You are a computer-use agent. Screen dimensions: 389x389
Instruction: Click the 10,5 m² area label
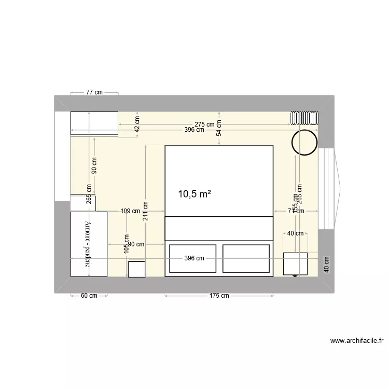point(195,194)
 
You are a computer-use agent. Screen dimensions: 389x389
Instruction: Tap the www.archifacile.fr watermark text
point(356,341)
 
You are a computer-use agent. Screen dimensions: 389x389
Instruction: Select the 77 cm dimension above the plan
point(94,92)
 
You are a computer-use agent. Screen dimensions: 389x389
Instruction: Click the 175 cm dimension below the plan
point(219,296)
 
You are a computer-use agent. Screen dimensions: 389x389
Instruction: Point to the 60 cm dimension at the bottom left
point(89,296)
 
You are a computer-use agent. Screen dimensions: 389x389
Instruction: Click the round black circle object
point(304,142)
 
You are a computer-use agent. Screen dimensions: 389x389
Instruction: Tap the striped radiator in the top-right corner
point(304,118)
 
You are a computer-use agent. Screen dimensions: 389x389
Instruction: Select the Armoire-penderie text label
point(89,244)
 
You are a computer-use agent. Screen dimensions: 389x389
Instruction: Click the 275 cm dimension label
point(204,124)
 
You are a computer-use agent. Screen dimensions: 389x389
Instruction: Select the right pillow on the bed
point(246,258)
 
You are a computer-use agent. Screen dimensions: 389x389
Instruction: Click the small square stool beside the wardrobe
point(137,269)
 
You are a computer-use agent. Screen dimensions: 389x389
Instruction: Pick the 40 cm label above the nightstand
point(295,233)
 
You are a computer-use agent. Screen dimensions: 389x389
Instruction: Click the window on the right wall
point(328,188)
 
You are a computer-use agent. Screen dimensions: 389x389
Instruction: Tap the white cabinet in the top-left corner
point(94,123)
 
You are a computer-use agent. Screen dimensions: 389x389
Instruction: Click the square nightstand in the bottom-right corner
point(295,263)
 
